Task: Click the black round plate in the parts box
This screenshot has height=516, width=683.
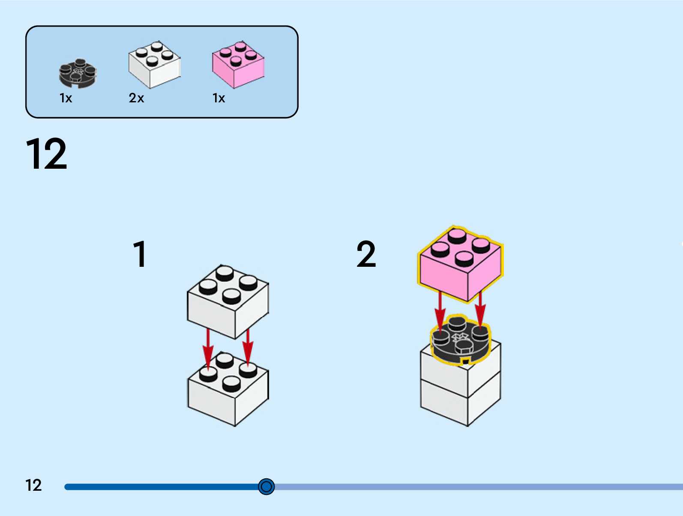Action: pyautogui.click(x=78, y=73)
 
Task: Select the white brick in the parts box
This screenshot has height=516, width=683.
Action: pyautogui.click(x=154, y=65)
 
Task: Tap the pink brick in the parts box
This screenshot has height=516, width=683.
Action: pyautogui.click(x=238, y=65)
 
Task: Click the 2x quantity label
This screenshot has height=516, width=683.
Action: pyautogui.click(x=136, y=98)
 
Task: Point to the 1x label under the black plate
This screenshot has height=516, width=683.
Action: pyautogui.click(x=66, y=98)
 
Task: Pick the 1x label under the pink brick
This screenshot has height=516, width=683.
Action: pyautogui.click(x=219, y=98)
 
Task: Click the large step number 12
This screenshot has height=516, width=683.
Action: pyautogui.click(x=46, y=154)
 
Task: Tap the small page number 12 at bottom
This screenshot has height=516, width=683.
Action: pyautogui.click(x=33, y=485)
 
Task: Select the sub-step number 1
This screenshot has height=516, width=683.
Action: pyautogui.click(x=140, y=254)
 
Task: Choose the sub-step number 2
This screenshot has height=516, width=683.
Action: pyautogui.click(x=366, y=254)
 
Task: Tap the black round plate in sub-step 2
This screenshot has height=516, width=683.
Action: pyautogui.click(x=459, y=340)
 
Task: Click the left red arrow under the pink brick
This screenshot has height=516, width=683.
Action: pyautogui.click(x=440, y=310)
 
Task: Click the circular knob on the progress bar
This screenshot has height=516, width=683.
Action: pyautogui.click(x=266, y=486)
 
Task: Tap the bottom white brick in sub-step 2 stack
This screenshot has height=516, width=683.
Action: pyautogui.click(x=459, y=403)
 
